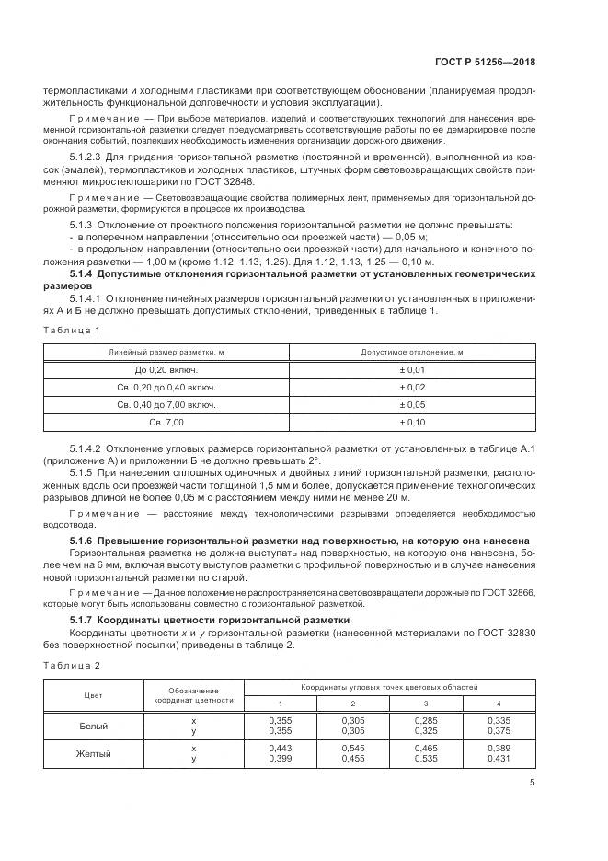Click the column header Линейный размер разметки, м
(x=166, y=352)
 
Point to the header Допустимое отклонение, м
(x=411, y=352)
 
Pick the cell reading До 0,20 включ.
(x=166, y=369)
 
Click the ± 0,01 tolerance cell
(x=411, y=369)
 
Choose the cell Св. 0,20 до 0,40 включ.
(x=166, y=387)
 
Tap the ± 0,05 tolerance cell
(x=411, y=404)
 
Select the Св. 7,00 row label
(x=166, y=422)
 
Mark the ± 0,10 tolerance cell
(x=411, y=422)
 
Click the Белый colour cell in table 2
(x=93, y=726)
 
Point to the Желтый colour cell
(x=93, y=754)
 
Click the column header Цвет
(x=93, y=696)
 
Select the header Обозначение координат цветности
(x=193, y=696)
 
